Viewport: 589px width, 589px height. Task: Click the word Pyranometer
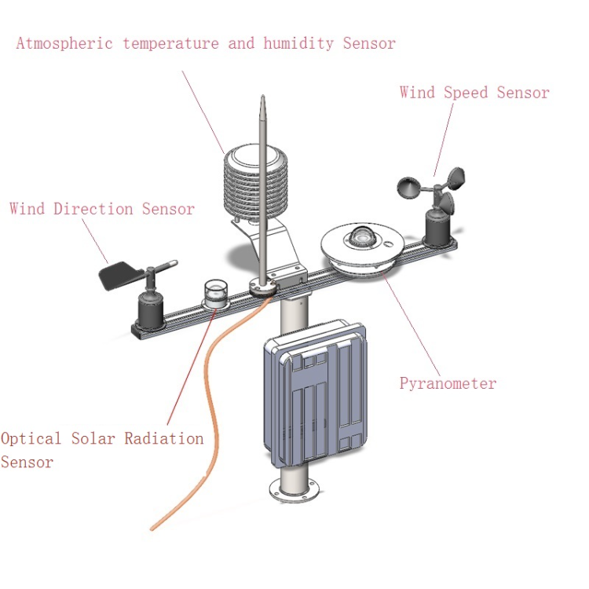[x=448, y=383]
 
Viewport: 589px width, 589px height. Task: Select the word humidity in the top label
[x=298, y=43]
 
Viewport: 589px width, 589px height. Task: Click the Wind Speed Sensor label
[x=474, y=93]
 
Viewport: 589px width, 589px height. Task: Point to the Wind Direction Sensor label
[x=101, y=209]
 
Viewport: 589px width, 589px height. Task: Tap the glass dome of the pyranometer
[x=363, y=234]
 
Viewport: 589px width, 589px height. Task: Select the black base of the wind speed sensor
[x=437, y=228]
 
